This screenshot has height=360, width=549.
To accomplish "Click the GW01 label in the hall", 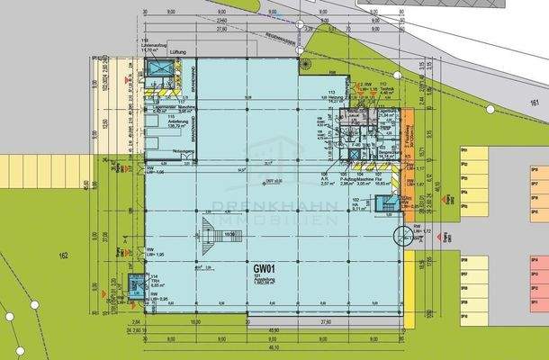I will (x=264, y=268).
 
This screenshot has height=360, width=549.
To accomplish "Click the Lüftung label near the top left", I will (x=166, y=55).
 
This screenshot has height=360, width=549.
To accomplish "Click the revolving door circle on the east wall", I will (x=401, y=236).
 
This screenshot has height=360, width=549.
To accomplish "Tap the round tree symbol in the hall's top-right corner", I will (x=307, y=67).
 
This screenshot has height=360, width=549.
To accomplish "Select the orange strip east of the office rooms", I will (x=406, y=135).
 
